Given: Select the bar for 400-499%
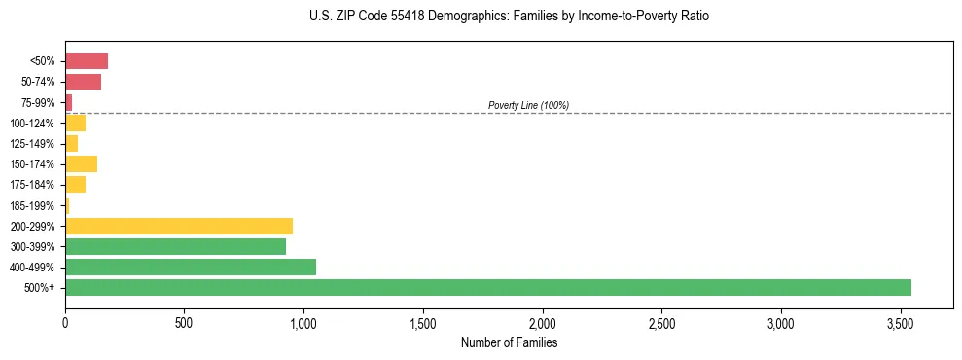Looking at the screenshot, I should click(191, 267).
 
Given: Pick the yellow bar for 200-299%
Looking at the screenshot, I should click(179, 226).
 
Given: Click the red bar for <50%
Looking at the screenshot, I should click(87, 61).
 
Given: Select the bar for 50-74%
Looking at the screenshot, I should click(83, 82).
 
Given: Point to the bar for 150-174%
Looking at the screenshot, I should click(81, 163).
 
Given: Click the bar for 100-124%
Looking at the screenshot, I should click(75, 123).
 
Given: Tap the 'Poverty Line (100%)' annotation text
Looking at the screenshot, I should click(528, 105).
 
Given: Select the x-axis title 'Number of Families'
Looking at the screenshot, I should click(509, 342).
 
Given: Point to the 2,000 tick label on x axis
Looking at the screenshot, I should click(542, 322).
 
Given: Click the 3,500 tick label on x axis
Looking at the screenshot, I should click(900, 322).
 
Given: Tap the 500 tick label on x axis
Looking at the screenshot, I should click(184, 322).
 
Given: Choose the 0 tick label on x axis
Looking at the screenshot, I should click(65, 322).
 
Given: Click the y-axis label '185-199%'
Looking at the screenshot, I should click(32, 205).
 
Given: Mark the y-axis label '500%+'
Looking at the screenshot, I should click(39, 288).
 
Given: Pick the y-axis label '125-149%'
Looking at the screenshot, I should click(32, 144).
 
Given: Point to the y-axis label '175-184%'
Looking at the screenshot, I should click(32, 185).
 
